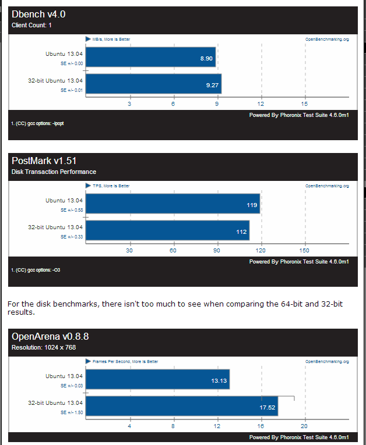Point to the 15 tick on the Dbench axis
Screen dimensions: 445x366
(304, 104)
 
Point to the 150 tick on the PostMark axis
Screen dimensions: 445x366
(304, 250)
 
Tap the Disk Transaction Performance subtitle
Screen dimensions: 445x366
(54, 172)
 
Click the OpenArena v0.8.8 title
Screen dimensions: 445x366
(50, 336)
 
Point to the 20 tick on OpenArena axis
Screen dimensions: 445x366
(304, 425)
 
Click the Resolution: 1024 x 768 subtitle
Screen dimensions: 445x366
(44, 347)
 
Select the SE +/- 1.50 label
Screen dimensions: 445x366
(72, 411)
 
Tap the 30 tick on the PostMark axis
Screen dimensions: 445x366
(129, 250)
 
